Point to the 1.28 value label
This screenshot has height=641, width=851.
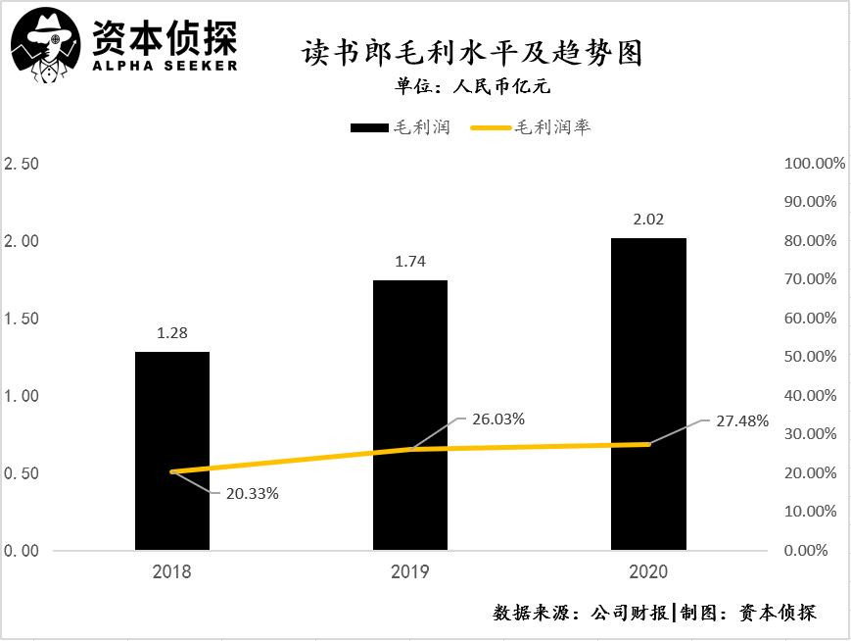click(x=172, y=333)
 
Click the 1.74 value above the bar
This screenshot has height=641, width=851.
click(x=410, y=262)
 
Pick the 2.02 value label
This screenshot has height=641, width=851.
click(x=648, y=220)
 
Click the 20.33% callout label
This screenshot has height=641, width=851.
click(x=254, y=494)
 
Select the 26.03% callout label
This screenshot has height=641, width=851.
click(x=499, y=419)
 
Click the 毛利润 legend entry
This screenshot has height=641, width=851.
click(x=400, y=127)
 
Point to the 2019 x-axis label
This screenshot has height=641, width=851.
click(x=410, y=571)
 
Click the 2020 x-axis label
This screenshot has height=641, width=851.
click(x=648, y=571)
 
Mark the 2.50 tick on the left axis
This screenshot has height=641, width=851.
click(x=22, y=163)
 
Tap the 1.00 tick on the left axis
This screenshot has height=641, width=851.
click(x=22, y=396)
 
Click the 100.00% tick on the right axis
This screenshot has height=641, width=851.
click(x=815, y=163)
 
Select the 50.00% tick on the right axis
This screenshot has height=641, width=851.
click(x=811, y=357)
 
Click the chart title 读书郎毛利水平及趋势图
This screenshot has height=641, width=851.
click(x=472, y=52)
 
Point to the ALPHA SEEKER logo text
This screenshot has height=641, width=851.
click(x=164, y=65)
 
